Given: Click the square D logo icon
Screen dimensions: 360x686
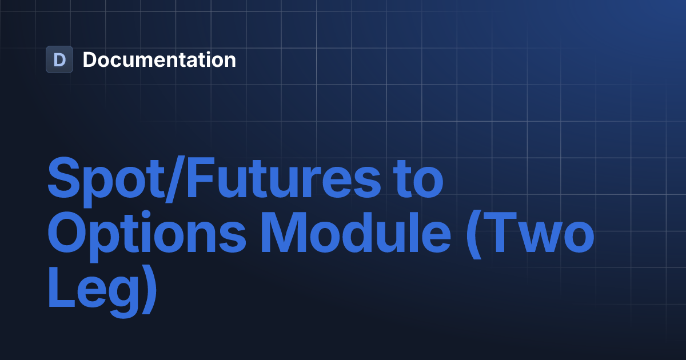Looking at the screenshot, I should coord(59,59).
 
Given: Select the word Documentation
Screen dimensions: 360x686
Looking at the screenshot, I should coord(159,59).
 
